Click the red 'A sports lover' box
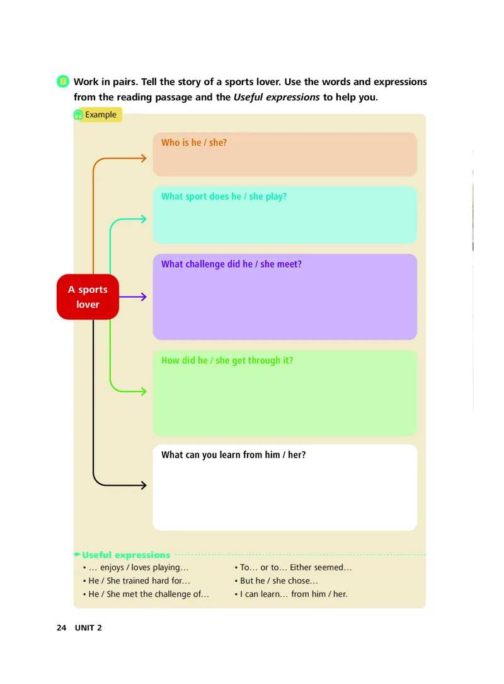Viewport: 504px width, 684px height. pos(88,297)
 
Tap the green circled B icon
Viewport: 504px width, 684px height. pos(62,81)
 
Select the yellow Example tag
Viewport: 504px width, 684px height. pos(98,115)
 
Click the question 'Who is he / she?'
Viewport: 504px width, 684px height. pos(194,143)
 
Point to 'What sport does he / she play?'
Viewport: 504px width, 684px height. pos(224,196)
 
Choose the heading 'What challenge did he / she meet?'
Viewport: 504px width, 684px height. pos(231,264)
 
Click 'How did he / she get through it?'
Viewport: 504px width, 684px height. pos(227,361)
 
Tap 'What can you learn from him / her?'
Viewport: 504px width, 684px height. pos(233,454)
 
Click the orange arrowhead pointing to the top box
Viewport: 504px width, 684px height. pos(144,158)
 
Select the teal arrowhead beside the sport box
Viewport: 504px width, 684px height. pos(144,219)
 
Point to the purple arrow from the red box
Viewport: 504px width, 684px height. pos(134,297)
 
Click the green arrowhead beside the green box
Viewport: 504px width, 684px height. pos(144,391)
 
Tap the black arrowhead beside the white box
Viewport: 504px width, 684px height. pos(144,485)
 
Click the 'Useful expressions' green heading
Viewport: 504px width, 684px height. pos(126,555)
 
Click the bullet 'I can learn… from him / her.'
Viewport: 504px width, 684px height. pos(294,594)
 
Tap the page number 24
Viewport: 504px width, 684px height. pos(61,628)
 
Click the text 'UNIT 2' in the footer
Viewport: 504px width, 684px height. pos(88,628)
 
